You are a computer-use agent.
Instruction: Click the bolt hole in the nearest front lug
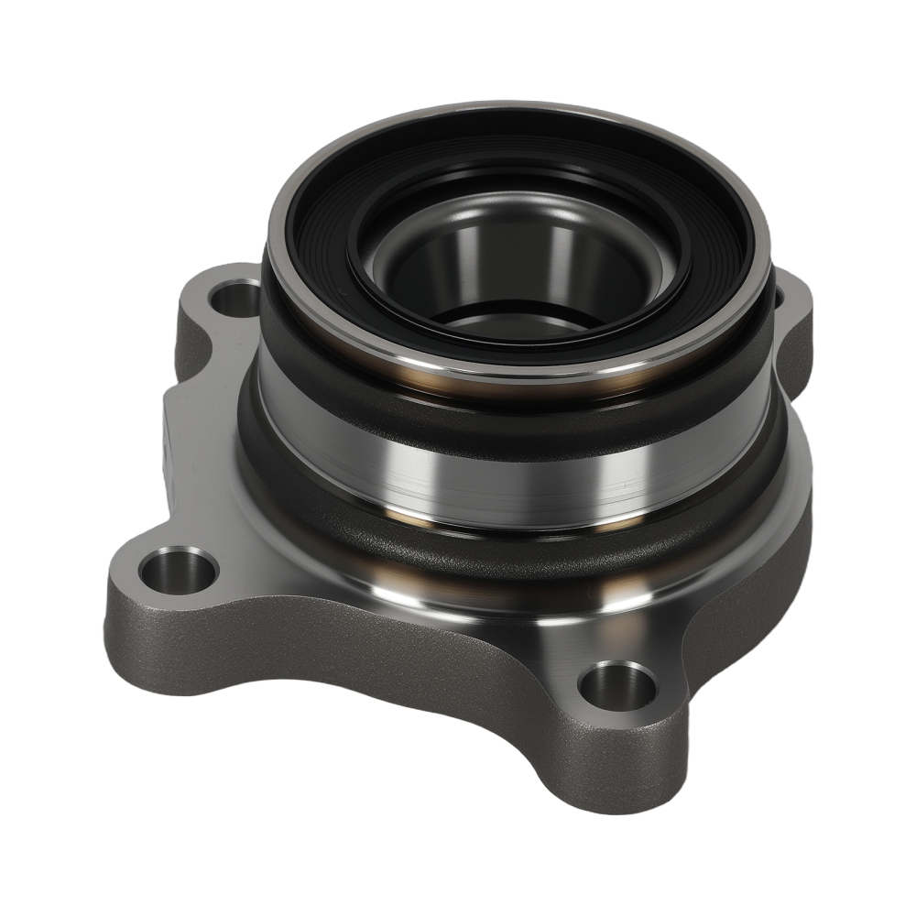619,683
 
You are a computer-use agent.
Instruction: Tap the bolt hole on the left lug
178,569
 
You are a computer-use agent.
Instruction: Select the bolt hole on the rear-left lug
237,297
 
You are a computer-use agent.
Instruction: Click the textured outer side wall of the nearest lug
632,769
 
